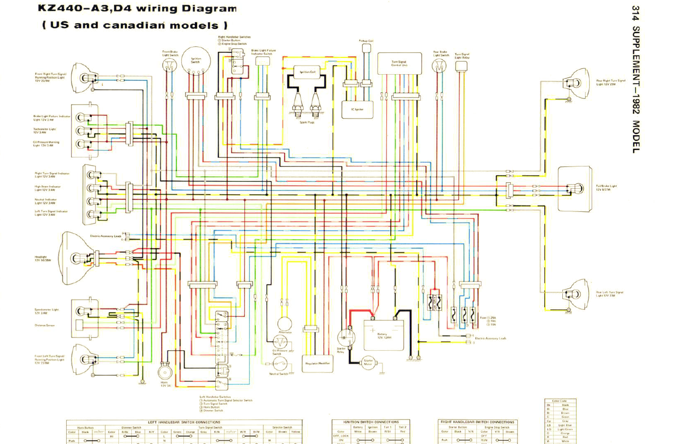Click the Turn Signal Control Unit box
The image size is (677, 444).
[399, 64]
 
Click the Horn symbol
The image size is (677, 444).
[165, 373]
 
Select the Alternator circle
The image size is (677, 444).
[285, 324]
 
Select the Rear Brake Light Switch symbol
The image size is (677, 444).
[440, 66]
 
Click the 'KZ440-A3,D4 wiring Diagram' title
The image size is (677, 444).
[137, 9]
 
